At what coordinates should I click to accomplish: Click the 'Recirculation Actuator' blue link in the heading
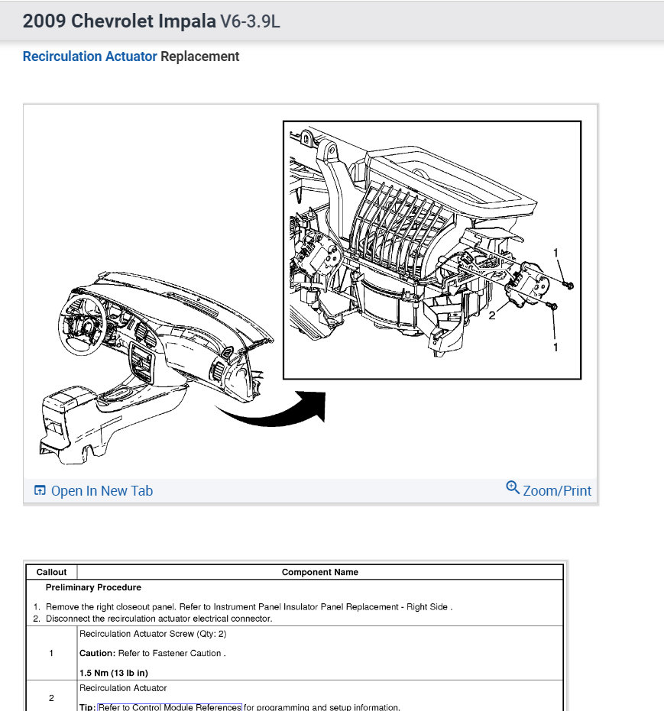click(89, 57)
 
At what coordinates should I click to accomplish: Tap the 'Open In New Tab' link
click(102, 491)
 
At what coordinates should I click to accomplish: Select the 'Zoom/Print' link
click(557, 491)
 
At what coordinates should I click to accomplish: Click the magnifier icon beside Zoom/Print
click(513, 487)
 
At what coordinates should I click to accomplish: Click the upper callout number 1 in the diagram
click(556, 253)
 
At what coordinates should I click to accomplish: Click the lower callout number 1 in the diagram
click(555, 347)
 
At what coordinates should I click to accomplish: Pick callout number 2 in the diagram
click(492, 315)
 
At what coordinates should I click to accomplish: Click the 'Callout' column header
click(51, 572)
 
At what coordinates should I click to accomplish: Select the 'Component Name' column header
click(319, 572)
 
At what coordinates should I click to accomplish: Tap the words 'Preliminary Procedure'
click(93, 587)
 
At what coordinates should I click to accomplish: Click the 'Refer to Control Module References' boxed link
click(170, 707)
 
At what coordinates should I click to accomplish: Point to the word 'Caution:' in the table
click(97, 653)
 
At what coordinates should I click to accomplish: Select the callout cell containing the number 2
click(51, 698)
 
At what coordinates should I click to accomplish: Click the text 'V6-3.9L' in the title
click(250, 21)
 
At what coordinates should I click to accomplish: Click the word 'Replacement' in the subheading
click(199, 57)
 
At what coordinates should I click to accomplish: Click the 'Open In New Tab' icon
click(40, 491)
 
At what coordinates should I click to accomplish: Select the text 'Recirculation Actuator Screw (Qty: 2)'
click(153, 634)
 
